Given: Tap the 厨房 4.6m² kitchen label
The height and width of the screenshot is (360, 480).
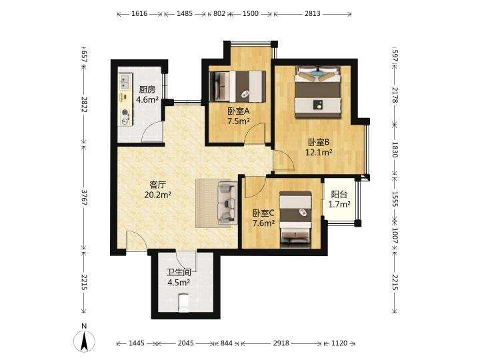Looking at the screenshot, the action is (147, 95).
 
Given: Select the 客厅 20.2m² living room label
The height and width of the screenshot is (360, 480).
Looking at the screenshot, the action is (157, 190).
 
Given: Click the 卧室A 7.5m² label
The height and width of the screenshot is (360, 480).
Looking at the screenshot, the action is (239, 116).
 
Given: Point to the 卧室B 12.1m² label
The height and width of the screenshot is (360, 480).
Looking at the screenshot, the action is (319, 147).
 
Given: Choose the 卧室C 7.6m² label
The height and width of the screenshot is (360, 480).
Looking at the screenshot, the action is (263, 217).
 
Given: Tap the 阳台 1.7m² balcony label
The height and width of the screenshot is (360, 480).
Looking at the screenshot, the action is (339, 199).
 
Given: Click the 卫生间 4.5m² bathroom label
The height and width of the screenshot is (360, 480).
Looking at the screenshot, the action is (179, 277).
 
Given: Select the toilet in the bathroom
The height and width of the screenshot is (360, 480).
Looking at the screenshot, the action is (183, 303).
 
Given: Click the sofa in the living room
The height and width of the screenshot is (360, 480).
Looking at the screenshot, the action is (227, 203).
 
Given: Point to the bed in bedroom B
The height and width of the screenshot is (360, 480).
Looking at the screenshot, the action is (318, 92).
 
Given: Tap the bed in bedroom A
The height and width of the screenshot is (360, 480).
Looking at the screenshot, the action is (237, 86).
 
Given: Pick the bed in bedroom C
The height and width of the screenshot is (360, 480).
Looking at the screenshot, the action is (296, 220).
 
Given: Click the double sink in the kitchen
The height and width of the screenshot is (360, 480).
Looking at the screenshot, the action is (125, 81).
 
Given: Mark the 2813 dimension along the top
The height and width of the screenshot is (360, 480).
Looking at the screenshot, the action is (312, 14).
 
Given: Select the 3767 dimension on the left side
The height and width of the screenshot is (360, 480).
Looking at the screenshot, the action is (84, 198).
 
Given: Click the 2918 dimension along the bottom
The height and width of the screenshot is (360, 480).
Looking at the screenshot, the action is (281, 343).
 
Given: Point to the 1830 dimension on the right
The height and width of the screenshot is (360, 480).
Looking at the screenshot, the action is (395, 150).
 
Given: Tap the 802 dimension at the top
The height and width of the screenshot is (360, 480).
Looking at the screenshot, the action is (219, 14).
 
